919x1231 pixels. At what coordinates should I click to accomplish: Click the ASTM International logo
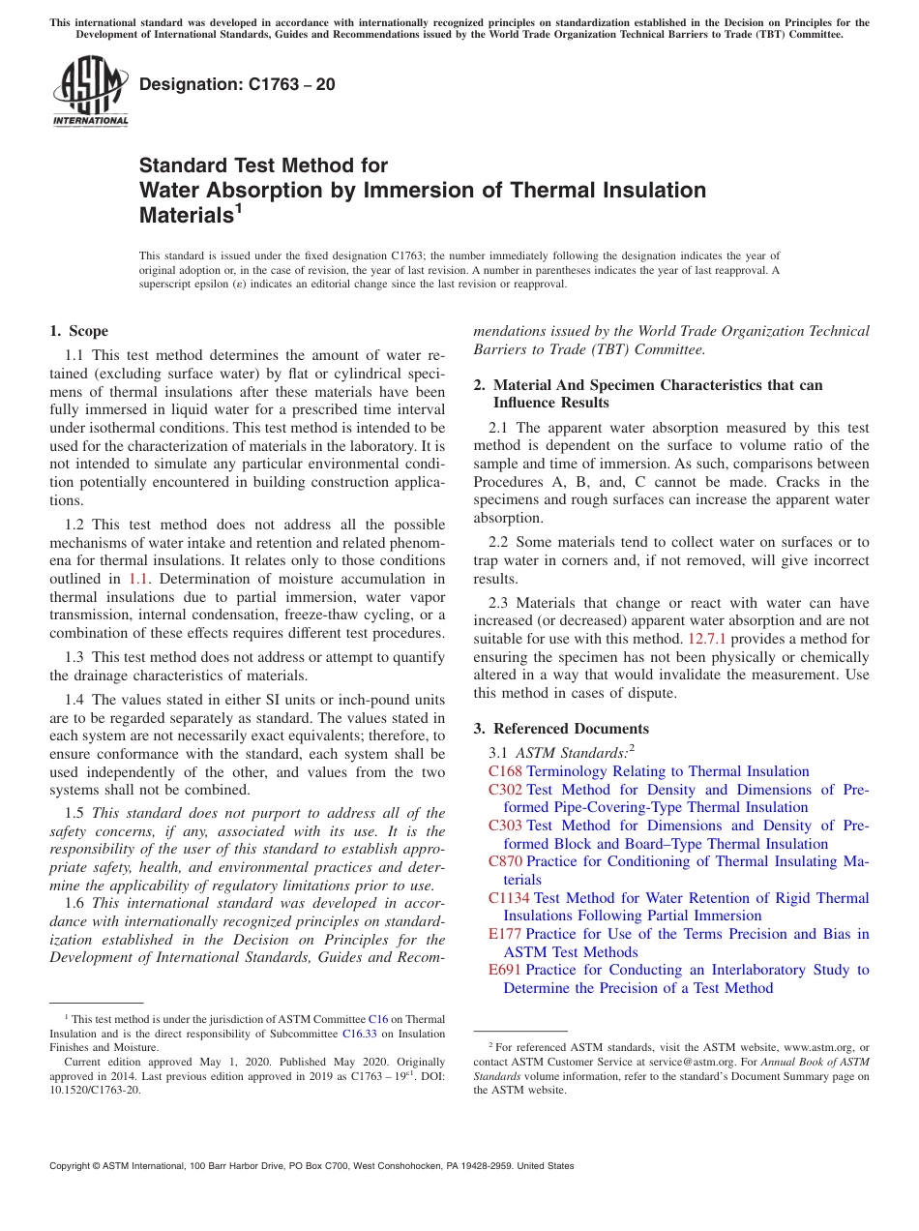coord(90,91)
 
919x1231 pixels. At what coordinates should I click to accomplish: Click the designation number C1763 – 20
coord(237,84)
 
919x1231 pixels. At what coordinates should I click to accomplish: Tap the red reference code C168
coord(505,771)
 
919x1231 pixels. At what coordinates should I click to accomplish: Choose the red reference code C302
coord(505,790)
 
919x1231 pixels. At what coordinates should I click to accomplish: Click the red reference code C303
coord(505,826)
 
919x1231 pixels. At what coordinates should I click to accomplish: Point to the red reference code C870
coord(505,861)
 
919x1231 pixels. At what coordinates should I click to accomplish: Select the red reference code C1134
coord(509,898)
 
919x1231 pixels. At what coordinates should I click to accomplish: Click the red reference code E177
coord(505,934)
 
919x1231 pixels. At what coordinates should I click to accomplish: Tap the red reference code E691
coord(505,970)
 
